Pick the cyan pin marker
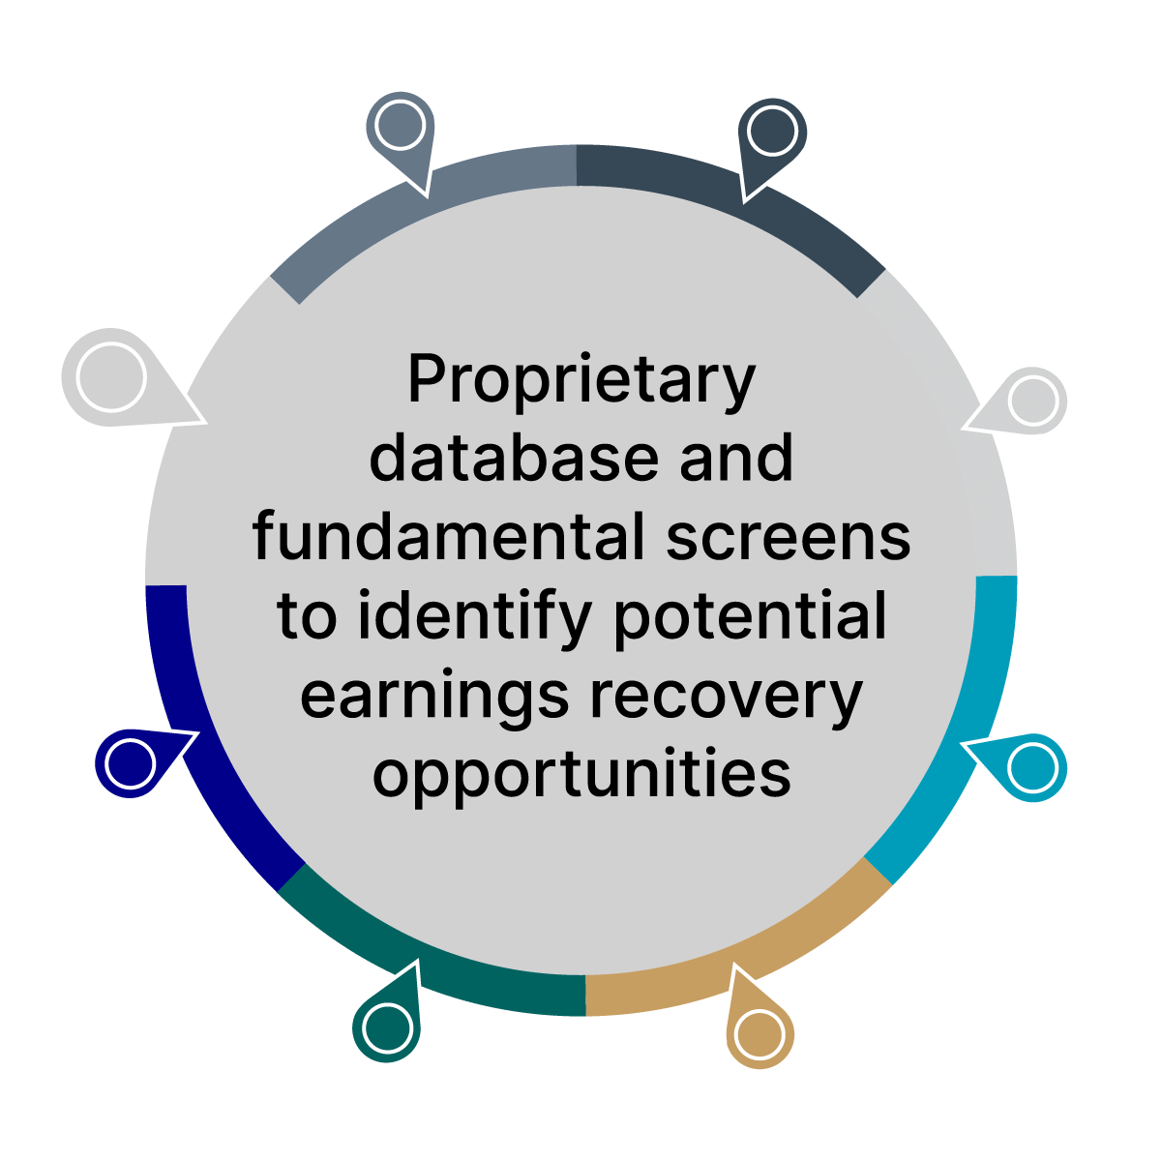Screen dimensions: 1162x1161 1032,767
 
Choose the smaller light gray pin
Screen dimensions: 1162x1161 1033,400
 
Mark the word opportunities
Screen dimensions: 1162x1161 581,774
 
